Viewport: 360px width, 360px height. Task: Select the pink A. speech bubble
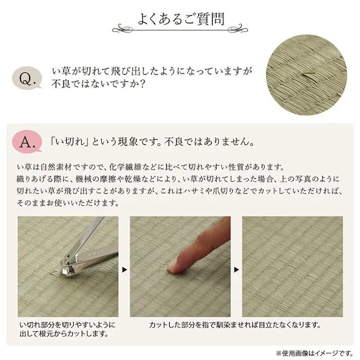[28, 142]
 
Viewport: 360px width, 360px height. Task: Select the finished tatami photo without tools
[292, 266]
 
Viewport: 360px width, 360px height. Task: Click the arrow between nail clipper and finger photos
[125, 269]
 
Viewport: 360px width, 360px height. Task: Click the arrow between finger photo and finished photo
[236, 269]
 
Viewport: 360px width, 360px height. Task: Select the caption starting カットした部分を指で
[235, 324]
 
